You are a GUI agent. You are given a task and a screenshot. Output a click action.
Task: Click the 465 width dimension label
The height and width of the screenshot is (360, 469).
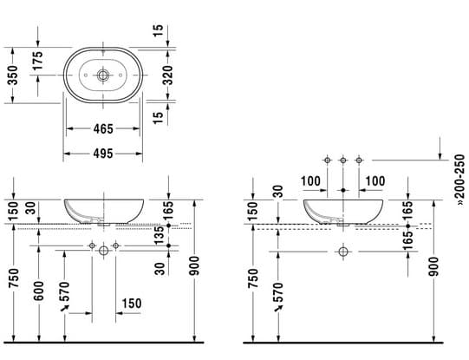[x=103, y=129]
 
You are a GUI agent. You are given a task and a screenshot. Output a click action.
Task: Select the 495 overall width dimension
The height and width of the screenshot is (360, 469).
[x=103, y=154]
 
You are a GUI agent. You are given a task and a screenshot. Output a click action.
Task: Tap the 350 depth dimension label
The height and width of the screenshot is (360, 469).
[x=12, y=75]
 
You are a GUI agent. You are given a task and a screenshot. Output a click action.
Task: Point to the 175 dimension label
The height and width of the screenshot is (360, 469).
[x=37, y=61]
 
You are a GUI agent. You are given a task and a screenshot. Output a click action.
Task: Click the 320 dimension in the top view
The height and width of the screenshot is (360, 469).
[x=168, y=75]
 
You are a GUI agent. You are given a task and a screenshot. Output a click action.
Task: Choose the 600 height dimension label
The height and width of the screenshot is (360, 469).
[x=39, y=291]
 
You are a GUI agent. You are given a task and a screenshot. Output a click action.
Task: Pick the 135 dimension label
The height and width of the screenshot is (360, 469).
[x=160, y=235]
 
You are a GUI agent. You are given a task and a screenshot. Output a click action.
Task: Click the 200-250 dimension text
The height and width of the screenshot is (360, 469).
[x=460, y=180]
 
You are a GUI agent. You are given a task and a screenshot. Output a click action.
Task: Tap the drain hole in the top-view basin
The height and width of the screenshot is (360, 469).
[x=103, y=75]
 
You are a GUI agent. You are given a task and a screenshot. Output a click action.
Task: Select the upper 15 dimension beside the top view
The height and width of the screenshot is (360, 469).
[x=159, y=30]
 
